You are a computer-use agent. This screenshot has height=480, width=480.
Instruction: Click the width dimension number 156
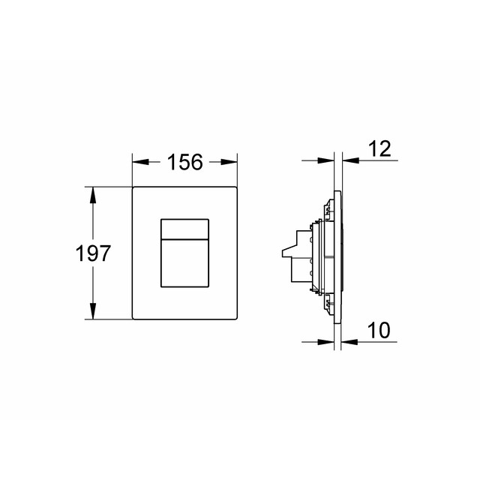pos(184,162)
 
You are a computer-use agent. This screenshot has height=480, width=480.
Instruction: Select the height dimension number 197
pos(94,253)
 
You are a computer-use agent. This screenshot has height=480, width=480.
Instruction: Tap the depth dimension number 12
pos(380,149)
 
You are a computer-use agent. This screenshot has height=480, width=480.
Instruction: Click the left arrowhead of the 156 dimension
pos(138,162)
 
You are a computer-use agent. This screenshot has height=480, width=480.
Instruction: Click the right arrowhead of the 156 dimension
pos(232,162)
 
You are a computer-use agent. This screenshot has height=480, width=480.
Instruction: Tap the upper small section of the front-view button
pos(184,227)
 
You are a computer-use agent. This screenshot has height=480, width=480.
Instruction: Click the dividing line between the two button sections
pos(184,237)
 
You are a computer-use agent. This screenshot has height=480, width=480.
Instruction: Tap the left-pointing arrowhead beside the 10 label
pos(348,340)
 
